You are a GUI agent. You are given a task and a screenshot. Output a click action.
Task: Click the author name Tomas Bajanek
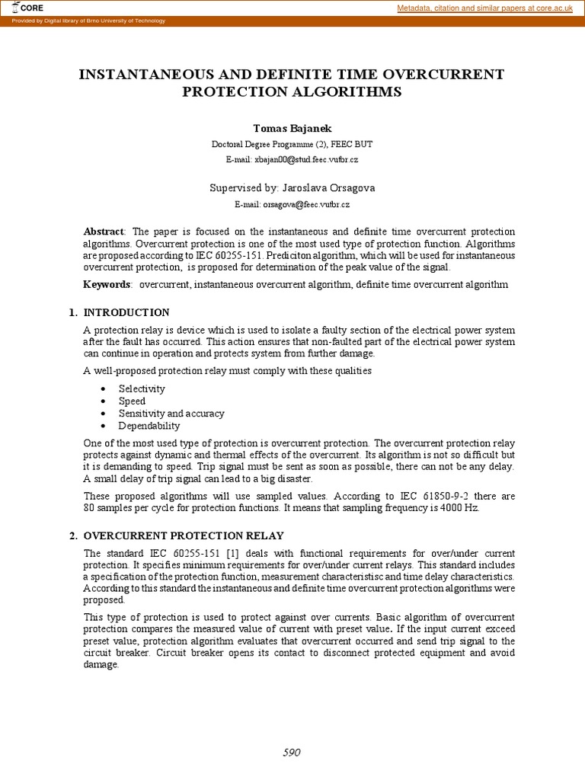292,128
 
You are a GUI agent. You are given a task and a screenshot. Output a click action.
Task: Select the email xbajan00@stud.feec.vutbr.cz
292,159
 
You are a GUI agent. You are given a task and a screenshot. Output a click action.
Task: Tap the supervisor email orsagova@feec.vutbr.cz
292,204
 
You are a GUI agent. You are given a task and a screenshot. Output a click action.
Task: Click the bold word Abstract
104,232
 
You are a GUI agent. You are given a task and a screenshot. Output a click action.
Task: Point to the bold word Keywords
107,284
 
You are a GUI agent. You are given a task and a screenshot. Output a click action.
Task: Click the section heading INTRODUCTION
126,312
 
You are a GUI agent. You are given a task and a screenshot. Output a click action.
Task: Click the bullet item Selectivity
142,388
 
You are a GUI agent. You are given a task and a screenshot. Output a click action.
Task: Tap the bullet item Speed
132,401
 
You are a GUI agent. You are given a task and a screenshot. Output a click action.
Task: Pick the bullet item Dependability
149,426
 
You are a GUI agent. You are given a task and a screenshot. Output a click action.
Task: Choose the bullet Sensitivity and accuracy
171,414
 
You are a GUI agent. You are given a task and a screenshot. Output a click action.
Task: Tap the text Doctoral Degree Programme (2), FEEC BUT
292,144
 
